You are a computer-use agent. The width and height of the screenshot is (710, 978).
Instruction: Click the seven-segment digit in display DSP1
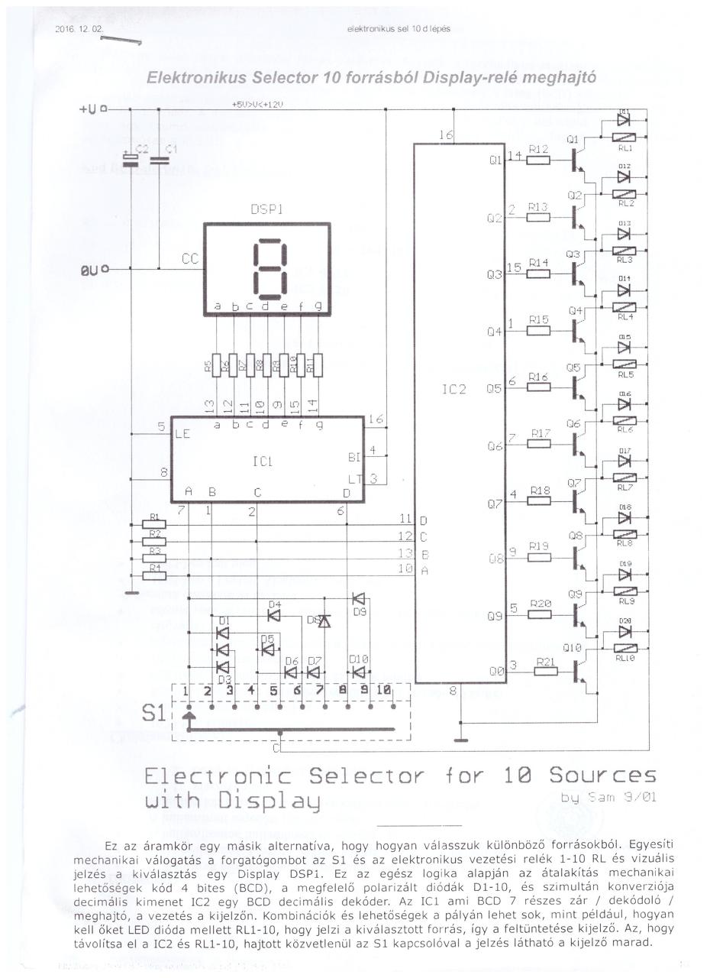267,269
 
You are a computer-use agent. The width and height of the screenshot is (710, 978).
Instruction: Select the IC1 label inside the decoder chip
263,461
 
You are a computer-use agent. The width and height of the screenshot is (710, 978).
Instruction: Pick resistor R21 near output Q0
545,672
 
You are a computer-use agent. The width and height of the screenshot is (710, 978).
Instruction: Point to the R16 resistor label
538,377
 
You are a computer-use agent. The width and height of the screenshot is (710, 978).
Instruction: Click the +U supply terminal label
89,109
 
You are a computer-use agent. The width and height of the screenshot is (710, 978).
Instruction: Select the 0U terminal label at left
89,270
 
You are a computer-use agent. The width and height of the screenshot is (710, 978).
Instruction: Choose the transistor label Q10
573,648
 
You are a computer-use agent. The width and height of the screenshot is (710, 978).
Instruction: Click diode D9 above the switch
358,598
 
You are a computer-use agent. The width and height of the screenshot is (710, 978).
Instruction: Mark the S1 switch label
154,714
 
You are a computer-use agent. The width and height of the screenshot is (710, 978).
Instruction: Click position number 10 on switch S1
384,691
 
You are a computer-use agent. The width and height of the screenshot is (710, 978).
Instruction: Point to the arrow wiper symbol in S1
189,717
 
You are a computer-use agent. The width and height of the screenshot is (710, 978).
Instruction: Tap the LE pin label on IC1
182,433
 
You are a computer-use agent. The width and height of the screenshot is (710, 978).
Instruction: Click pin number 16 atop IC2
446,135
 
